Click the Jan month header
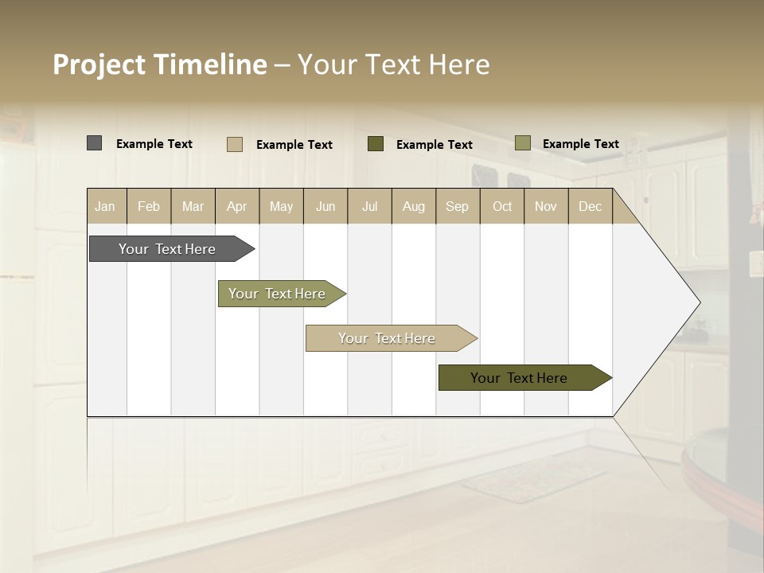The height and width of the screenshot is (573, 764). pos(106,206)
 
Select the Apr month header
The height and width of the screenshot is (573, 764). pos(237,206)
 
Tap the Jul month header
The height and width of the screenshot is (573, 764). pos(369,206)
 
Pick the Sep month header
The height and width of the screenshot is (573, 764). pos(457,206)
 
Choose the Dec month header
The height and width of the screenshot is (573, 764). pos(590,206)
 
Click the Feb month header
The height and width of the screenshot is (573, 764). pos(149,206)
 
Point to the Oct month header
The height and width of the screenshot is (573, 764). pos(502,206)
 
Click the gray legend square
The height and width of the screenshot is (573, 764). pos(94,143)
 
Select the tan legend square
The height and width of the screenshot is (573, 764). pos(234,144)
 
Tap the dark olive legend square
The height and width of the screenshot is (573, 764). pos(375,144)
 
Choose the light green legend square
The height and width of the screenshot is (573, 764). pos(522,143)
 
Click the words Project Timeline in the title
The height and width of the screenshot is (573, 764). pos(159,64)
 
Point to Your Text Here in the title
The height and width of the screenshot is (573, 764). pos(394,64)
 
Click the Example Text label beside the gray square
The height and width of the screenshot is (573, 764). pos(154,144)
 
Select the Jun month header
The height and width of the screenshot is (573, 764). pos(325,206)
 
